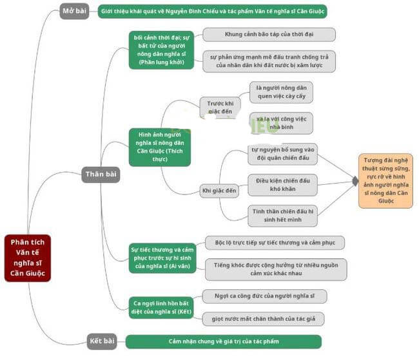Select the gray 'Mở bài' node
74,11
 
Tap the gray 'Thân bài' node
101,174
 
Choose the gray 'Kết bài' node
102,341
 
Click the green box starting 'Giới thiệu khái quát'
213,12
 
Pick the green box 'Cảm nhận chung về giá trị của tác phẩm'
223,341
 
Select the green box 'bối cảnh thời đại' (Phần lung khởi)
161,50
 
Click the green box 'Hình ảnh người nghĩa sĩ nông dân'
161,147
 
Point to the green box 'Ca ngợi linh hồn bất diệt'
161,307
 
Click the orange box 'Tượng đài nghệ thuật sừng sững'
386,180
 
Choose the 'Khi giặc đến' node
220,191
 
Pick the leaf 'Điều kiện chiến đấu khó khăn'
282,185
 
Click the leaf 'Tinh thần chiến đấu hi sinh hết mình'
282,215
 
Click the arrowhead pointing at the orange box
354,182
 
